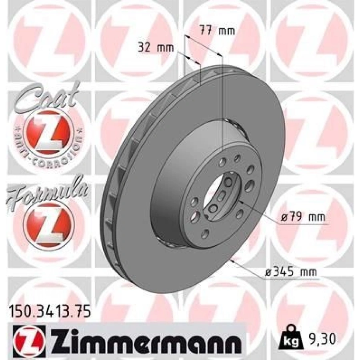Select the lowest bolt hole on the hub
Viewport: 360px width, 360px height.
pyautogui.click(x=205, y=233)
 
